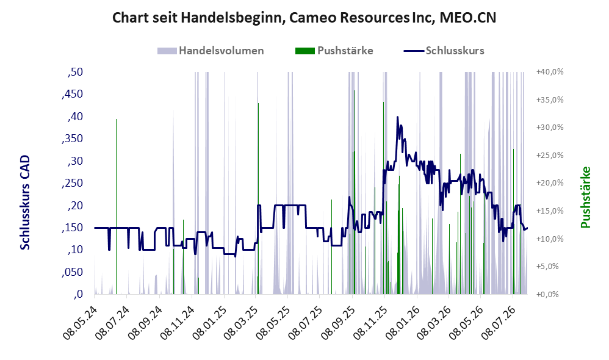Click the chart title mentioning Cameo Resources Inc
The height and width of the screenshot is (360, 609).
coord(304,18)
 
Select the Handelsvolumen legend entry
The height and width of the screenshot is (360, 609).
coord(211,51)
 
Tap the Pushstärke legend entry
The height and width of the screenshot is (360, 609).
coord(334,51)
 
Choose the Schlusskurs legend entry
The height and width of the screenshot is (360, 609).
coord(444,51)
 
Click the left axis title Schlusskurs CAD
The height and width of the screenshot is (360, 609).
coord(25,203)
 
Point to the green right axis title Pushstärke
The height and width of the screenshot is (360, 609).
coord(585,197)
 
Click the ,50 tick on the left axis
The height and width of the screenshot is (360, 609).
coord(75,72)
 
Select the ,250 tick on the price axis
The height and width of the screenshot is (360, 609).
coord(72,183)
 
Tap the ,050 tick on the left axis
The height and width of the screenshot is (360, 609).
coord(72,272)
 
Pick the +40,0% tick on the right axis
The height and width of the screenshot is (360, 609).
coord(550,72)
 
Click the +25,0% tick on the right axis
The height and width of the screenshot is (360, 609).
coord(550,156)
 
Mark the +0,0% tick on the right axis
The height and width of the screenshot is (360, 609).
coord(547,294)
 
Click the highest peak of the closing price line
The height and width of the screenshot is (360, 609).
coord(397,117)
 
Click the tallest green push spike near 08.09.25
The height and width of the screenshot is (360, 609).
coord(355,192)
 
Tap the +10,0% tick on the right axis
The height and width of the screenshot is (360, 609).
coord(550,239)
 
